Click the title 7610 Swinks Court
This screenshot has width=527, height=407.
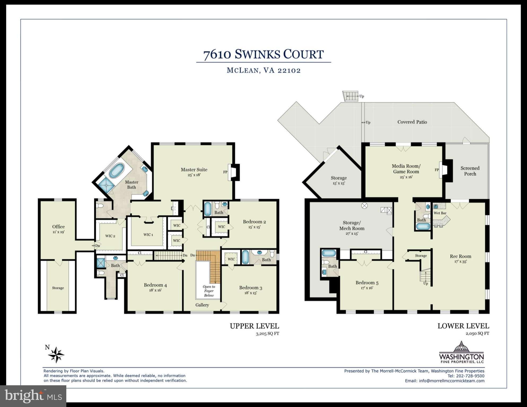click(263, 54)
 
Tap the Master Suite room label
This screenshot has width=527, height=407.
click(194, 170)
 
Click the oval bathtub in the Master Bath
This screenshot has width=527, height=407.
click(116, 170)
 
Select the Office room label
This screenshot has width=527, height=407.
click(58, 227)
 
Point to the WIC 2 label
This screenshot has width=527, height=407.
click(110, 236)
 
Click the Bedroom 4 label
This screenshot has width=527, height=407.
click(155, 285)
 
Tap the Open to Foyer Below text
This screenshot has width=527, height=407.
click(209, 291)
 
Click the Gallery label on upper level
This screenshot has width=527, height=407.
click(202, 305)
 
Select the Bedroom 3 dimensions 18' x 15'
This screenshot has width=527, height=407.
click(250, 293)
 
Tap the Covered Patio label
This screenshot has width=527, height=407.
click(412, 122)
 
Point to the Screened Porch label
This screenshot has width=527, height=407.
click(470, 171)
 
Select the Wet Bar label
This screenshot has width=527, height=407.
click(440, 213)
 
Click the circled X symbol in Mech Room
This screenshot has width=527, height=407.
click(364, 206)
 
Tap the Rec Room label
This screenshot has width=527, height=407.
click(460, 256)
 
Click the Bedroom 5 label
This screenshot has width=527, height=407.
click(367, 283)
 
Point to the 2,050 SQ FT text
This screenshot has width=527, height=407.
click(477, 334)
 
